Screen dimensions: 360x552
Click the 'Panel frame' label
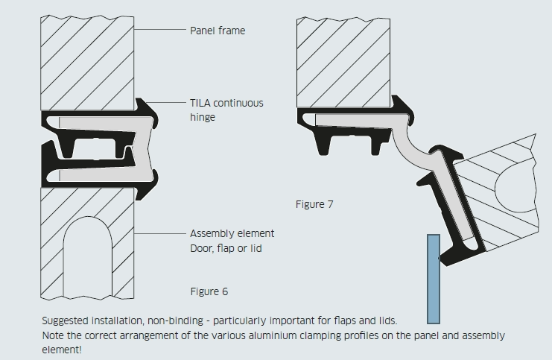[x=217, y=31]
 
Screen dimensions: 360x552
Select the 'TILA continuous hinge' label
[x=226, y=110]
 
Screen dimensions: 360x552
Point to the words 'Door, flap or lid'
[x=226, y=247]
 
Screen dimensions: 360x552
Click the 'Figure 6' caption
[x=209, y=291]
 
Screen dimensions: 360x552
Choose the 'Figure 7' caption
[x=314, y=204]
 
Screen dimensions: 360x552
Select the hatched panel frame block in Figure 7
[x=343, y=62]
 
